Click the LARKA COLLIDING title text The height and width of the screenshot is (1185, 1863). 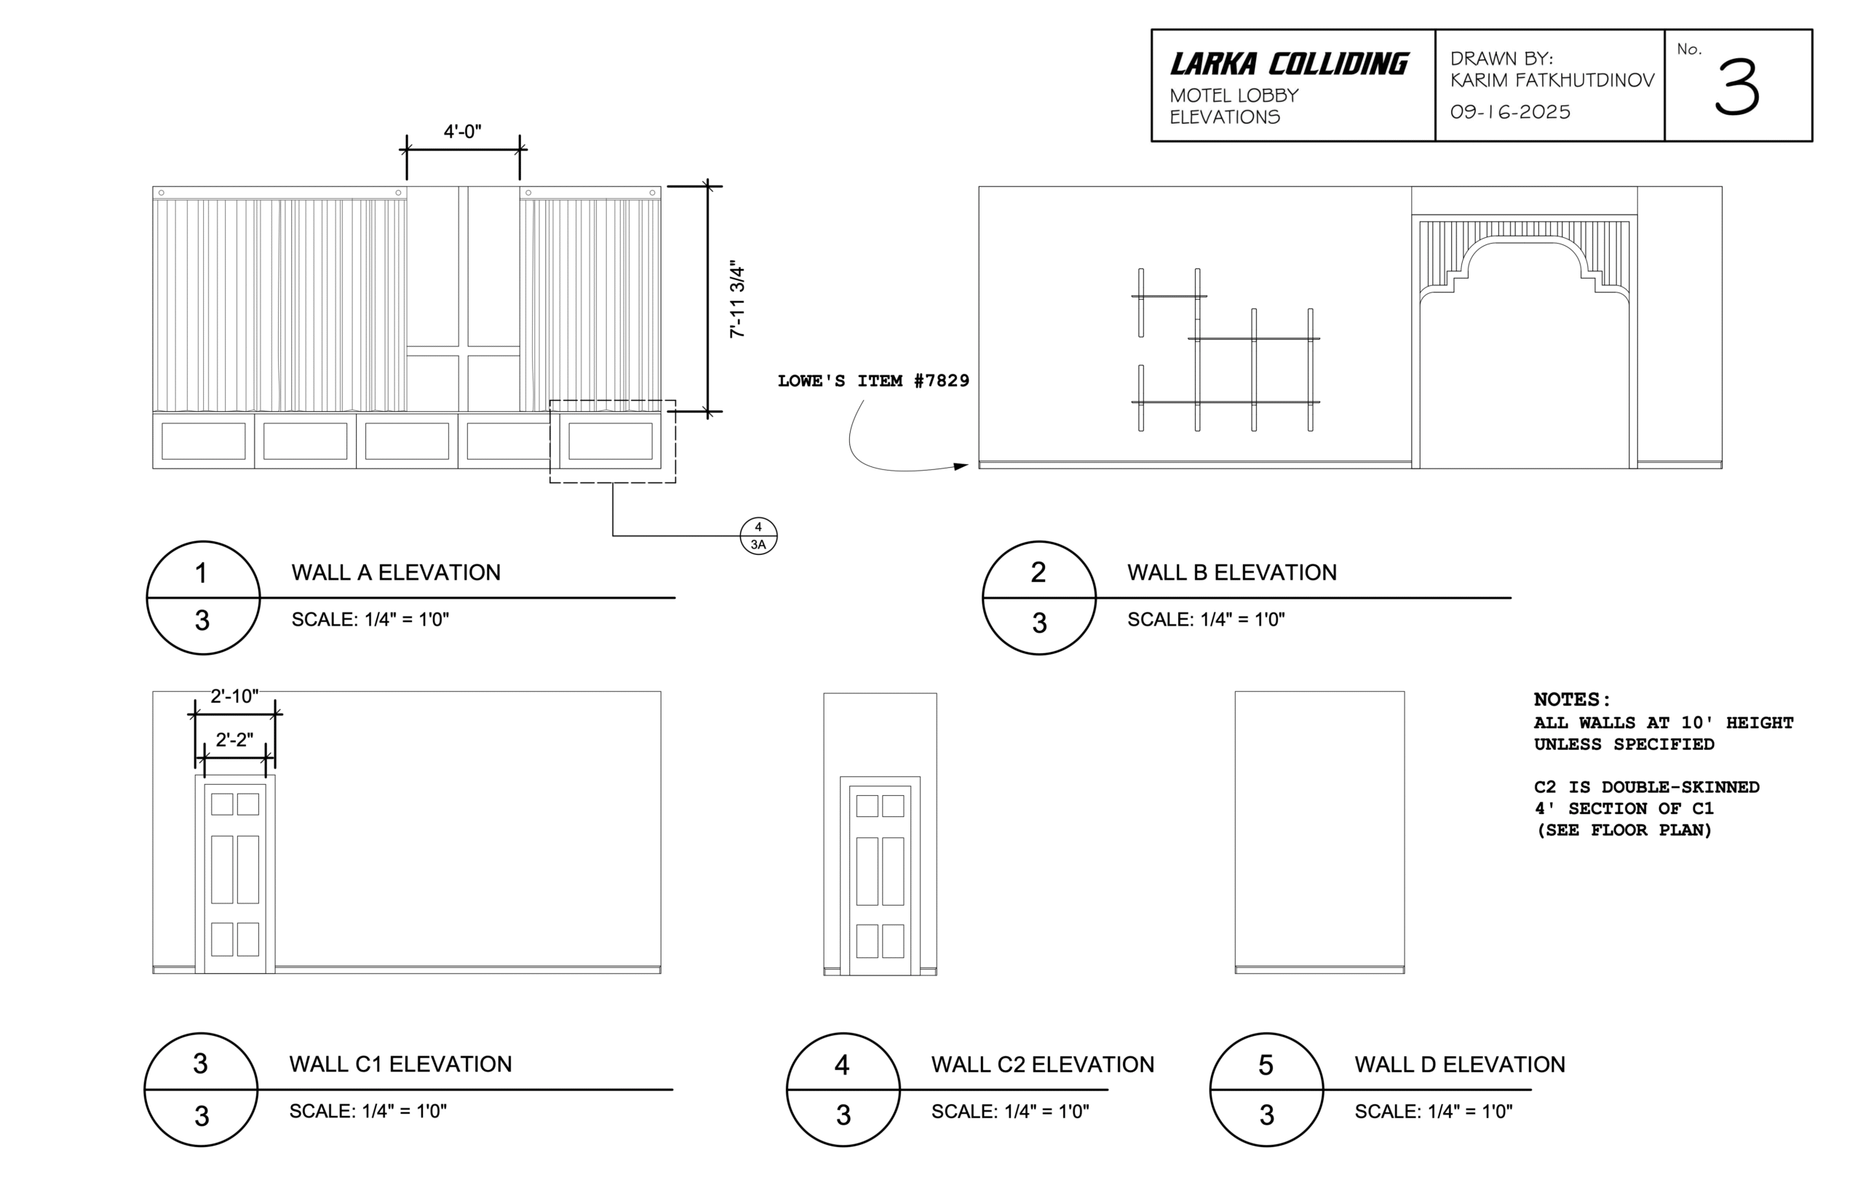(1288, 63)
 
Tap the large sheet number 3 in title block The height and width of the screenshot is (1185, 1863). (1737, 88)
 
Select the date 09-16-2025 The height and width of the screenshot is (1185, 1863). (1509, 112)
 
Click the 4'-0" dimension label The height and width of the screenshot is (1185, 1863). (462, 132)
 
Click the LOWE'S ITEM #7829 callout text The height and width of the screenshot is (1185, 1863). (873, 380)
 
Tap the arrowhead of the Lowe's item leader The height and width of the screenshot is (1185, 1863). (961, 466)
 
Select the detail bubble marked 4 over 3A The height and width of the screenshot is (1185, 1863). (758, 535)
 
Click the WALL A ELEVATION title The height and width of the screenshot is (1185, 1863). (395, 572)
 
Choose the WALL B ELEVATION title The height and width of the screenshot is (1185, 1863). (1231, 572)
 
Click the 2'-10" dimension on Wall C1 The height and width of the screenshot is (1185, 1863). (234, 696)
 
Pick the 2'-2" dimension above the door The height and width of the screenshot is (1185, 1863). (234, 741)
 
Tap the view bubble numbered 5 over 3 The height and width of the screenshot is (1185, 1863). (1266, 1089)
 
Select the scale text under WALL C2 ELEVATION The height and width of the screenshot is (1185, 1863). (1009, 1112)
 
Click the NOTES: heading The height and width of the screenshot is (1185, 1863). (1571, 699)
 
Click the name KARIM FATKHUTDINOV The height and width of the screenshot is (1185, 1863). (1552, 81)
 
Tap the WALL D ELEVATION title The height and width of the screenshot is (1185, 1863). (1458, 1064)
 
